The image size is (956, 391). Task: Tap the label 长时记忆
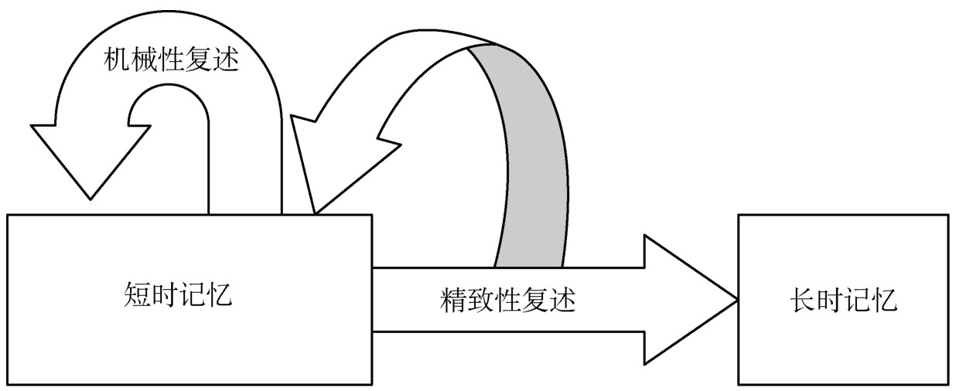[x=843, y=300]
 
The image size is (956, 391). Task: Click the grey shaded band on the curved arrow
[x=526, y=155]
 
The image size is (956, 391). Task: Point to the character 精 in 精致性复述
[x=452, y=300]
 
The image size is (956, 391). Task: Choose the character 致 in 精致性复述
[x=480, y=300]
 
